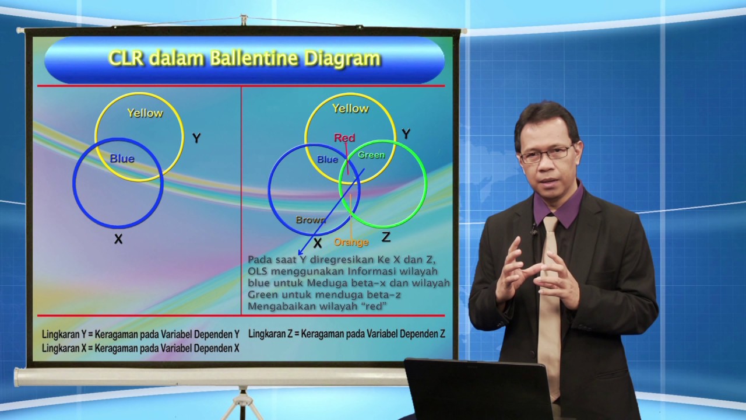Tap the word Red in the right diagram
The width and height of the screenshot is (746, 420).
344,138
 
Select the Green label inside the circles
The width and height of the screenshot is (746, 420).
371,155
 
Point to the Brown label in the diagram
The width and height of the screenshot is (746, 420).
311,220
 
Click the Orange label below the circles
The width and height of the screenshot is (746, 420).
351,242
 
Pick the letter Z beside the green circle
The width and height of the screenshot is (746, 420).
386,237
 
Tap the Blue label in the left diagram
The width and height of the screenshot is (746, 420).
122,159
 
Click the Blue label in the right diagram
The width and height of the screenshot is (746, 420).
328,159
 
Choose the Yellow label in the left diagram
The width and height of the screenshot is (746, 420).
145,113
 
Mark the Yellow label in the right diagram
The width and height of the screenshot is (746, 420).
350,108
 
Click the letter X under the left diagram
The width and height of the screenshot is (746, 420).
118,239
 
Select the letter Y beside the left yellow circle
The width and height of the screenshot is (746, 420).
196,138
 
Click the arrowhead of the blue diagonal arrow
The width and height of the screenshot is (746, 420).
301,252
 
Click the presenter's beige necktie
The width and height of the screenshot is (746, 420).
548,303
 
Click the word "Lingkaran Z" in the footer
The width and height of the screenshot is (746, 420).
270,334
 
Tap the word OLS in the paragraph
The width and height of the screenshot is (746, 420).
257,271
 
